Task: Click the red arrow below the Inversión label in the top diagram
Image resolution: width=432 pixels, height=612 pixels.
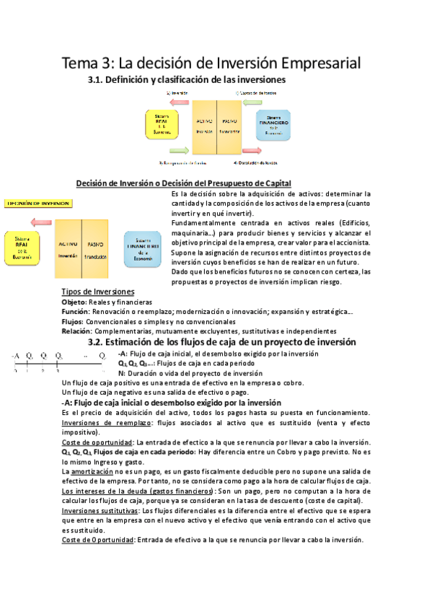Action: point(176,101)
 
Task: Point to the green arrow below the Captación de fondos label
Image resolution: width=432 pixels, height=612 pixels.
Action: point(259,102)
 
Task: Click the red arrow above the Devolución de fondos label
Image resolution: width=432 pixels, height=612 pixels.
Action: point(259,152)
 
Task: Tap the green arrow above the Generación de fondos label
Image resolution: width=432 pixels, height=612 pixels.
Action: point(176,152)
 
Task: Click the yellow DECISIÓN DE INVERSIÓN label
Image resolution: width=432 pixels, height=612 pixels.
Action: point(37,204)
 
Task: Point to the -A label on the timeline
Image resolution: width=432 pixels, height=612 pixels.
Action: point(15,356)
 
